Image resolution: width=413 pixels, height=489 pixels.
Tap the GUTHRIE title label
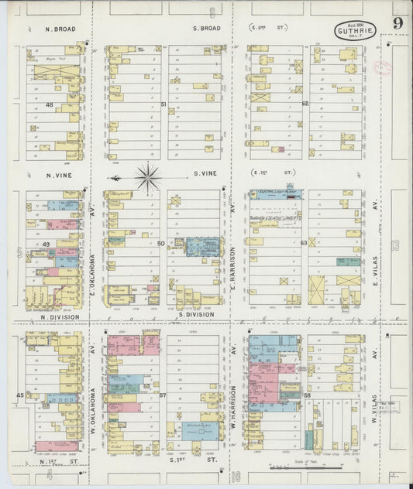tap(356, 32)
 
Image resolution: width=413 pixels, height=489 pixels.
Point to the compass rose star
tap(146, 176)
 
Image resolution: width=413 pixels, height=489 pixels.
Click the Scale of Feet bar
tap(299, 467)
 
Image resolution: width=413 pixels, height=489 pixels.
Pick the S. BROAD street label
tap(206, 29)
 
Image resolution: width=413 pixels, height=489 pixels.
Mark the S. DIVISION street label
tap(195, 315)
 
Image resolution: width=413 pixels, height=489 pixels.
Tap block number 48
tap(49, 104)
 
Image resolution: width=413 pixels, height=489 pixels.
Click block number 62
tap(305, 103)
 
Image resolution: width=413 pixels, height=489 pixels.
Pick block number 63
tap(304, 243)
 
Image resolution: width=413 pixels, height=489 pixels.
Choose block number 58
tap(307, 395)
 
